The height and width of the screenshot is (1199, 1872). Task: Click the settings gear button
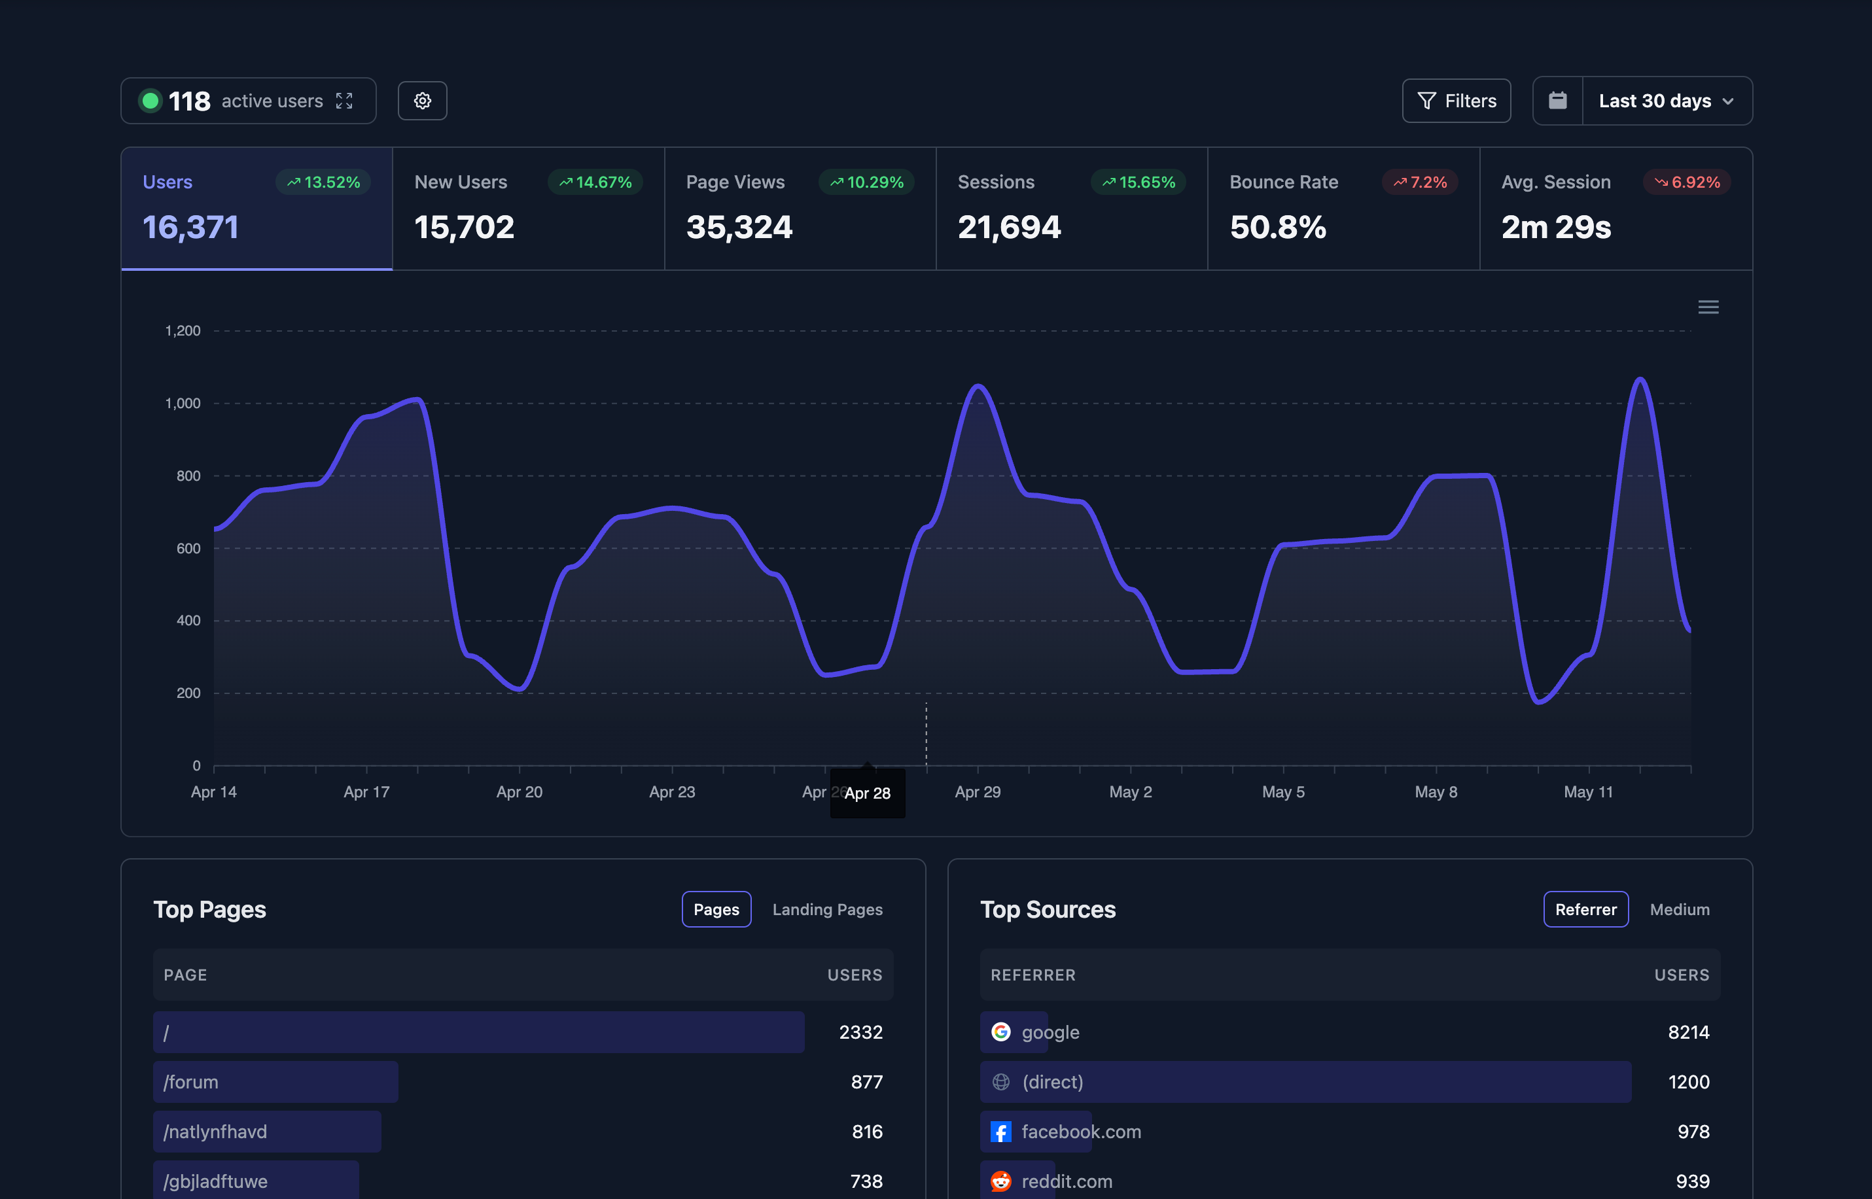click(x=422, y=101)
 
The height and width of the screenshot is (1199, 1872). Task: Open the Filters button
click(x=1456, y=101)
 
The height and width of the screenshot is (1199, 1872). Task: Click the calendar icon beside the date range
click(x=1557, y=101)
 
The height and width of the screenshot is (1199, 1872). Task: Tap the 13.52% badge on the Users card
click(x=323, y=182)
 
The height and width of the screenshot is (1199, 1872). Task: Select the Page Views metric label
click(x=735, y=182)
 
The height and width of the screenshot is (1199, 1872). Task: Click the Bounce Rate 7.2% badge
click(x=1420, y=182)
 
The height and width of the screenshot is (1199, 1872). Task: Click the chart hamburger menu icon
click(x=1708, y=307)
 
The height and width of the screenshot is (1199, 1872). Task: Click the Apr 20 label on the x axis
click(x=520, y=791)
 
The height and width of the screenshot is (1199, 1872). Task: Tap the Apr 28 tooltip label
click(x=868, y=793)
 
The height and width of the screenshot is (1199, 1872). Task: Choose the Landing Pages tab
click(x=827, y=909)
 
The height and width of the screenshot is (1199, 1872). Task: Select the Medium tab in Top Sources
click(x=1680, y=909)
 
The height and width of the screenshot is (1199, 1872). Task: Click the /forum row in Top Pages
click(x=275, y=1081)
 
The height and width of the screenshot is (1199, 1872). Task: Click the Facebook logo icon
click(x=1000, y=1131)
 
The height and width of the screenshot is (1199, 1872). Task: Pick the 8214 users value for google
click(x=1688, y=1032)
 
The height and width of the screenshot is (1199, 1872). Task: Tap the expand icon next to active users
click(x=344, y=101)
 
